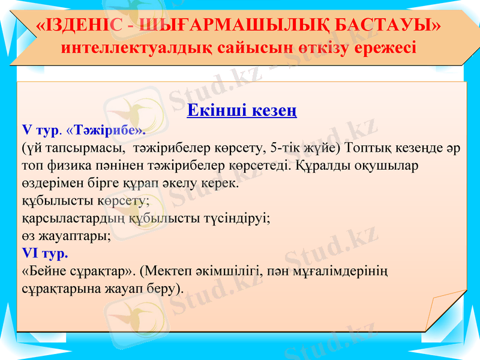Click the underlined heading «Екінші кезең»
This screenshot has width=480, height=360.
(x=242, y=111)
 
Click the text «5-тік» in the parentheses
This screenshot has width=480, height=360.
(x=286, y=147)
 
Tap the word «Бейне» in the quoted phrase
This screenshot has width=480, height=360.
(x=44, y=271)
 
